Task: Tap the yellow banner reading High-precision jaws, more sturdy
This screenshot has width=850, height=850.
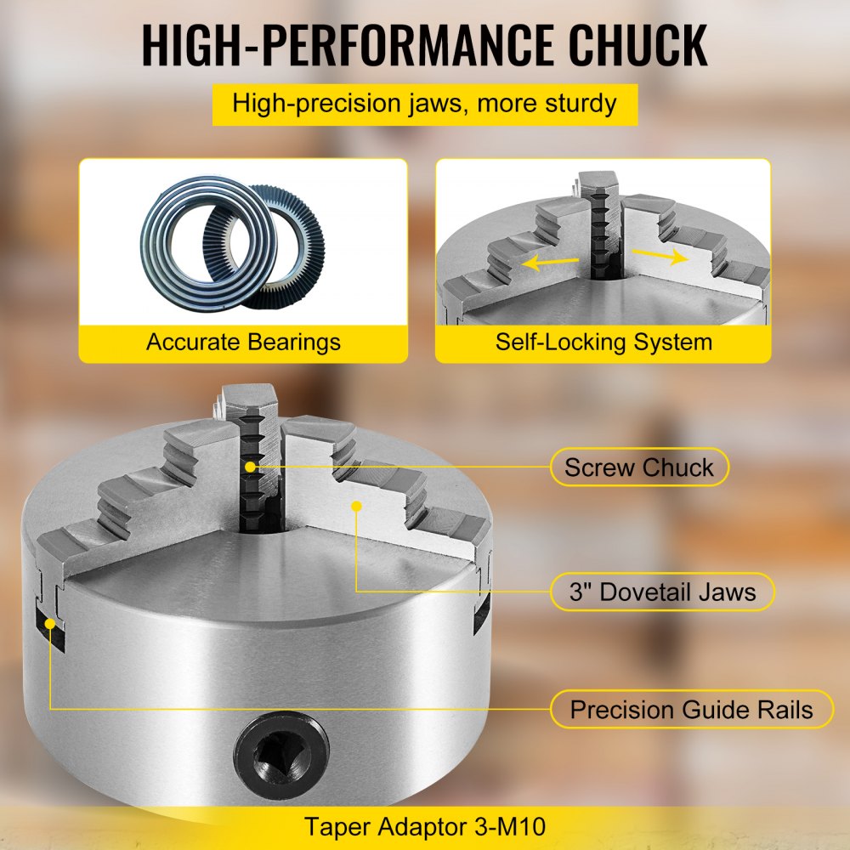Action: click(x=424, y=105)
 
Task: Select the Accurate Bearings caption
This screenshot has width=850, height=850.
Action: click(x=243, y=342)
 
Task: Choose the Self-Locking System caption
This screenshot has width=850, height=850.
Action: click(x=603, y=342)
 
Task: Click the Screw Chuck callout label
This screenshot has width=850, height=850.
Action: click(x=638, y=467)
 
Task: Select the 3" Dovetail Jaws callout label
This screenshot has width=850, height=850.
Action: click(x=662, y=591)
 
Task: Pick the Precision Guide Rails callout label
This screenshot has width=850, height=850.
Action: click(x=691, y=709)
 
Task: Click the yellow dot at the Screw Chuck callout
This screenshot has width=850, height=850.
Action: click(x=250, y=467)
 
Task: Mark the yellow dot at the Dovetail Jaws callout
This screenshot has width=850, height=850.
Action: click(x=357, y=506)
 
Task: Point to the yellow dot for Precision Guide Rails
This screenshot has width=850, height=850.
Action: click(x=50, y=623)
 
